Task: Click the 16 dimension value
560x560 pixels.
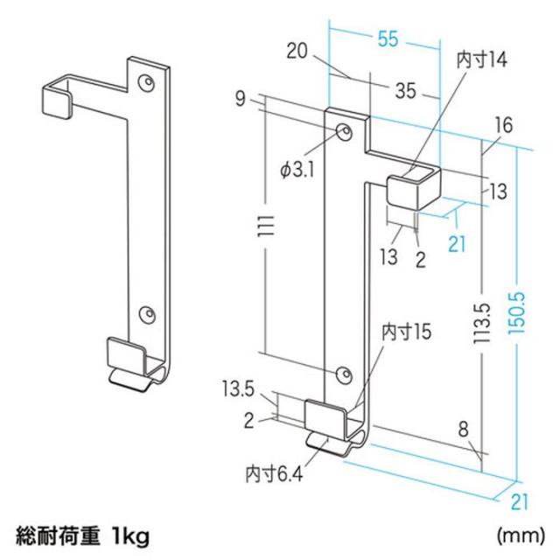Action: point(501,127)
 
